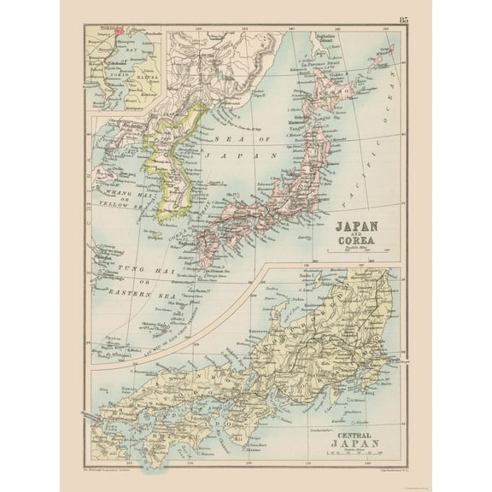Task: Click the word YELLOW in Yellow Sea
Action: click(x=110, y=205)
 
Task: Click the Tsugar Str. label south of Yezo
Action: click(x=305, y=120)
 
